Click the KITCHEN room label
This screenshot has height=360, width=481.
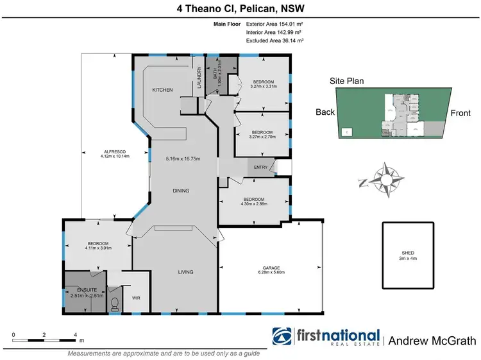click(162, 90)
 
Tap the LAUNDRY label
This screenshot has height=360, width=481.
click(199, 79)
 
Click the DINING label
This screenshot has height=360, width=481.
click(181, 191)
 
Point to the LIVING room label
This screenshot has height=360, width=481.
click(185, 272)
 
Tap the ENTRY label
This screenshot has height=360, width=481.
click(261, 167)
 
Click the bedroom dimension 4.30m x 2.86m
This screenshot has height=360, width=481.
click(253, 203)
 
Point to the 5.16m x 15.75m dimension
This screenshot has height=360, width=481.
click(183, 159)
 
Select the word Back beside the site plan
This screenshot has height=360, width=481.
click(325, 112)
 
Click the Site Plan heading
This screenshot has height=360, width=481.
click(346, 81)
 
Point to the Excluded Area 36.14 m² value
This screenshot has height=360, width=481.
click(274, 41)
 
